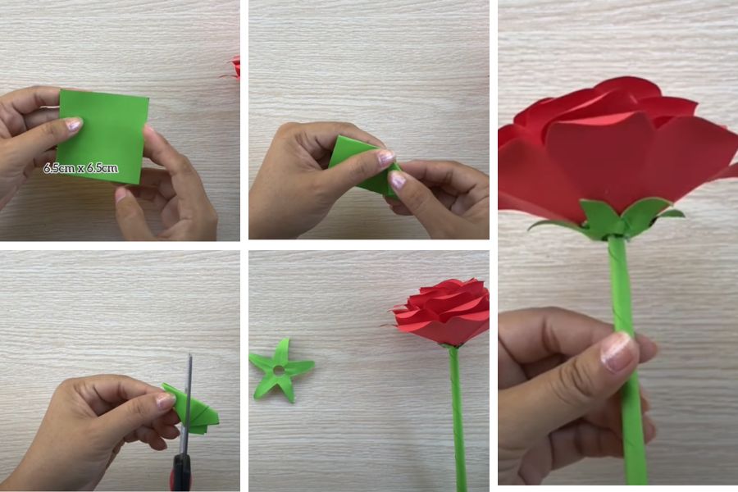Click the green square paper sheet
(103, 137)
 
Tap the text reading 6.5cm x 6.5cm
(80, 168)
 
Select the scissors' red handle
(182, 472)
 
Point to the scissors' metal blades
(187, 405)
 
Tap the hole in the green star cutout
(279, 370)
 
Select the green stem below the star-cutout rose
(458, 419)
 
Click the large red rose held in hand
(617, 151)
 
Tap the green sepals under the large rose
(607, 219)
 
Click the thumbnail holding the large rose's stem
(618, 352)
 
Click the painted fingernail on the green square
(72, 125)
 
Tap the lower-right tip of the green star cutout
(292, 401)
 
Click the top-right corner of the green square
(148, 98)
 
